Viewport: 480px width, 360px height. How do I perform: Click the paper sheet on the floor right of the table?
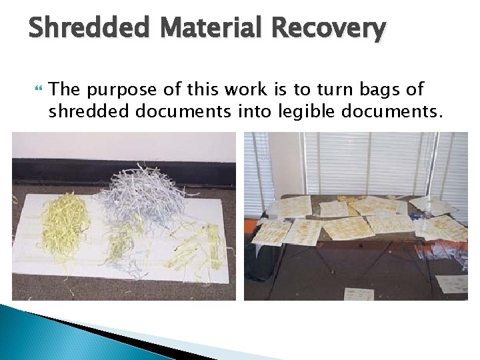pos(451,283)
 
